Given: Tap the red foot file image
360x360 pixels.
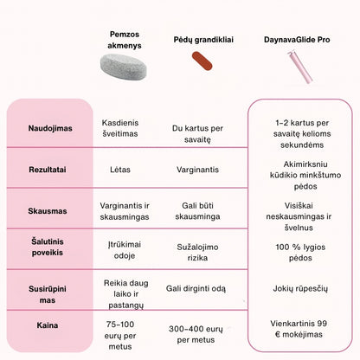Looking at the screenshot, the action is point(201,60).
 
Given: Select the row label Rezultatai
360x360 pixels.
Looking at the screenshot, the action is point(49,170).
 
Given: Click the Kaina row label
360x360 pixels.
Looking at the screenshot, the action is point(49,326).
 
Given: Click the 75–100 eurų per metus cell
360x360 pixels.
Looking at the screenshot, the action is point(125,331).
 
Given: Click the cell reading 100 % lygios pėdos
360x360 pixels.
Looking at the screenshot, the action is point(298,250).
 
